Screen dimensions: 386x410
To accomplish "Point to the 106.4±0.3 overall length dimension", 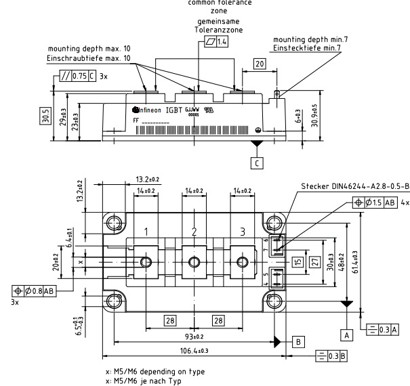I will click(194, 351).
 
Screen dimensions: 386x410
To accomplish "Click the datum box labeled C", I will click(256, 163).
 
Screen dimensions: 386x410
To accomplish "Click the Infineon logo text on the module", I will click(144, 110).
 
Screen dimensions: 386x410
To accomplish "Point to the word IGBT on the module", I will click(173, 110).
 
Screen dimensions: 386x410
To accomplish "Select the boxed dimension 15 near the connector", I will click(296, 261).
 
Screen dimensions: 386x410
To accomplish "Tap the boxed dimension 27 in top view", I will click(314, 261).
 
